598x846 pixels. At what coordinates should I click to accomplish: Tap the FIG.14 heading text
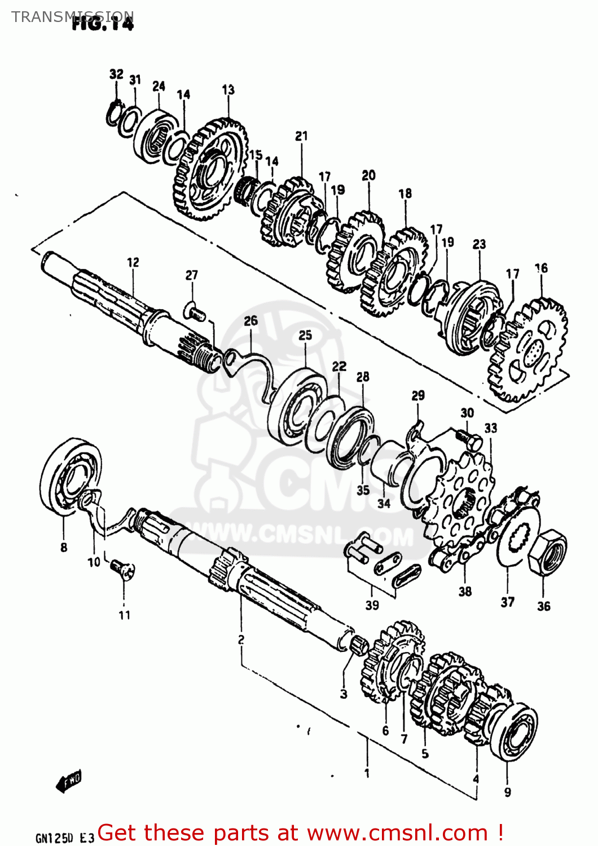[103, 24]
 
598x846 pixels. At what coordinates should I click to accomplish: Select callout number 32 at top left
[116, 74]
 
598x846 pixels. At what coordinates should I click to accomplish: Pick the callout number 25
[305, 335]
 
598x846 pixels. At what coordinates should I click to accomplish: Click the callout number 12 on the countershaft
[133, 262]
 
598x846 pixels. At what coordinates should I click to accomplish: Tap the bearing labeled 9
[514, 732]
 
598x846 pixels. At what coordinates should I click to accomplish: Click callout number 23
[479, 244]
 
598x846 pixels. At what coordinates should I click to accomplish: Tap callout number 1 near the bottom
[367, 773]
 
